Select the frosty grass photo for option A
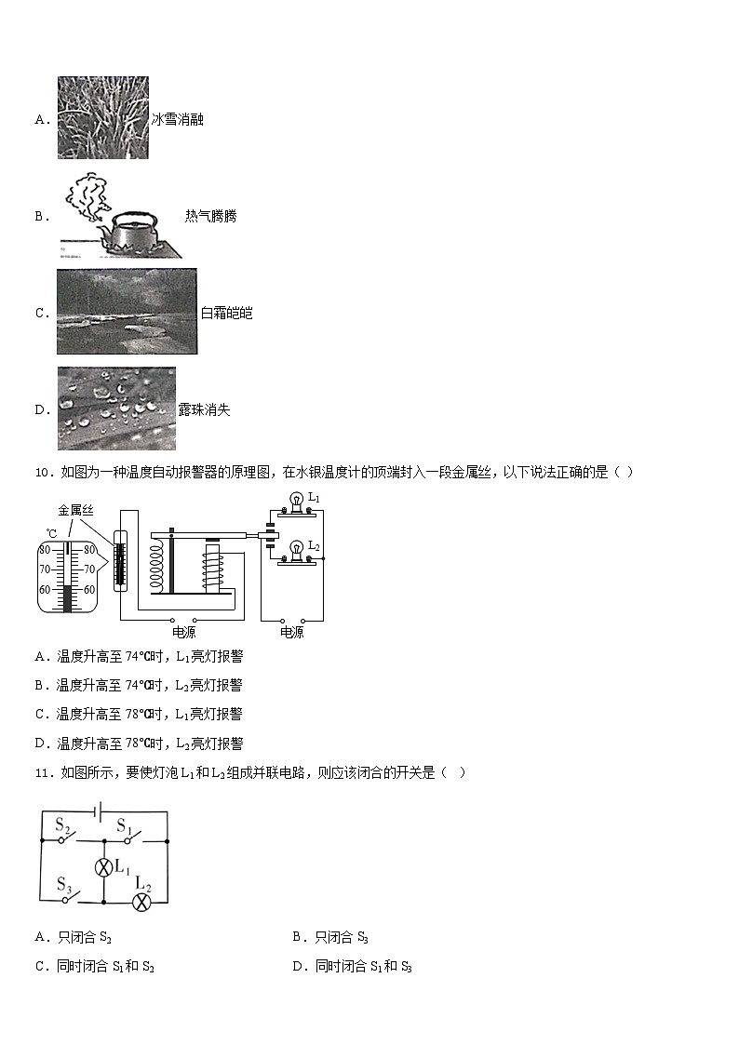(x=102, y=118)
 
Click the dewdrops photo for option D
(x=116, y=409)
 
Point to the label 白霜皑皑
(x=226, y=314)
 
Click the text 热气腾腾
(x=210, y=217)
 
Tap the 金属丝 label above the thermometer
(x=75, y=511)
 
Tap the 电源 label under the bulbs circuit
(x=291, y=633)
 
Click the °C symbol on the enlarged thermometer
(x=51, y=533)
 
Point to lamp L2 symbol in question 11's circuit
(x=141, y=902)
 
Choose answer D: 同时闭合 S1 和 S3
(x=353, y=967)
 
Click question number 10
(x=42, y=473)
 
